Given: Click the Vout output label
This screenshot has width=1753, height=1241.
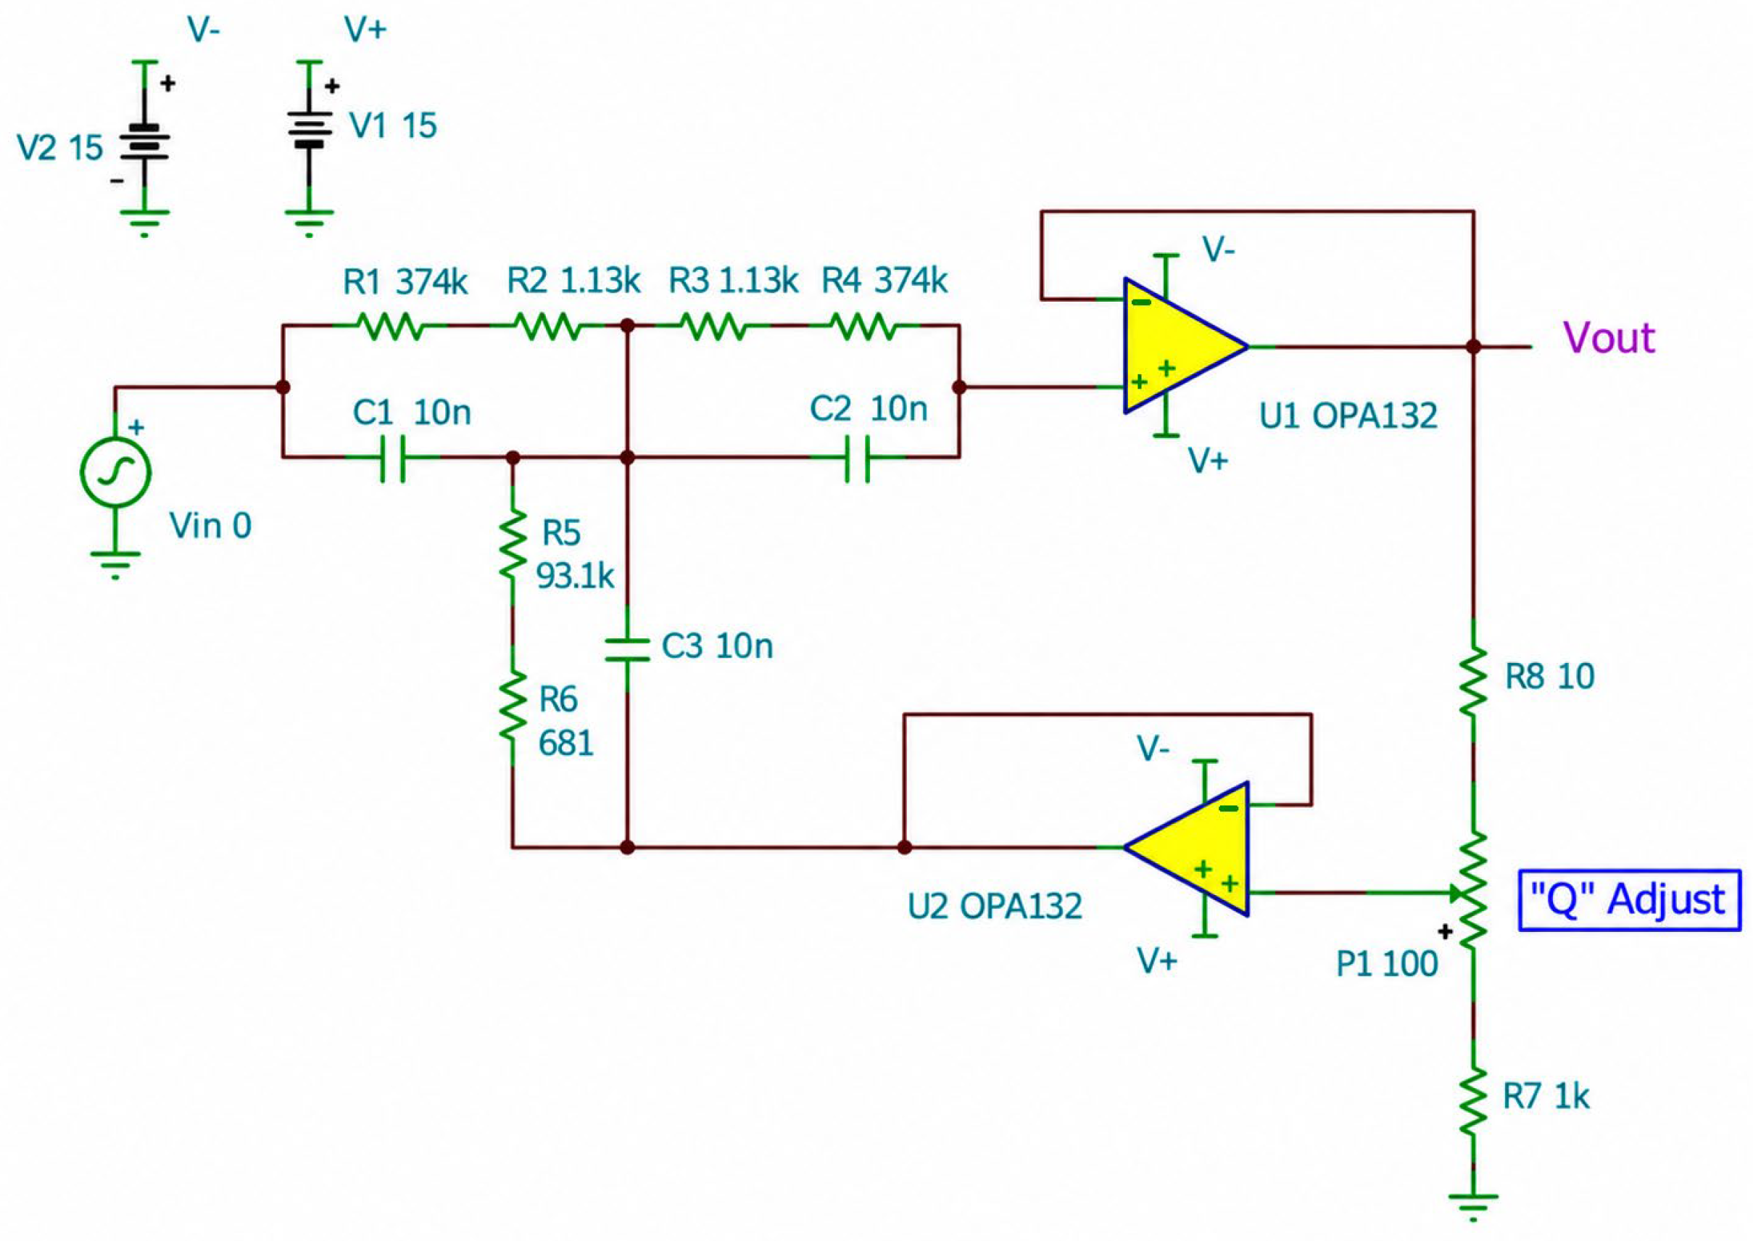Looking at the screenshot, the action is click(x=1609, y=337).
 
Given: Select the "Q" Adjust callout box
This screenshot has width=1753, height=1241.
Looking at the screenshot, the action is click(x=1629, y=900).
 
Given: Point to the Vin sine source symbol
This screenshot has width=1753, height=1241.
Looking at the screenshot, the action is click(x=115, y=472).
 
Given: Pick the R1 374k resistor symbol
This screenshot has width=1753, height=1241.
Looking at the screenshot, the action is click(x=390, y=326).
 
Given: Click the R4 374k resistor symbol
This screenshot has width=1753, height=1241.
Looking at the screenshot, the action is click(x=864, y=326).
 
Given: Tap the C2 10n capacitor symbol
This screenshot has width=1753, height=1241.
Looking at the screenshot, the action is click(x=857, y=458).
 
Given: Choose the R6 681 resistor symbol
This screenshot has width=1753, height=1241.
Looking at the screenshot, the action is click(x=513, y=704).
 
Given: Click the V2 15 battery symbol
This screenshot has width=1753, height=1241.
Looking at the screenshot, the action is click(x=144, y=143).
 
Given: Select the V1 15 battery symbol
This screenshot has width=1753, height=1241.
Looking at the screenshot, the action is click(x=310, y=130).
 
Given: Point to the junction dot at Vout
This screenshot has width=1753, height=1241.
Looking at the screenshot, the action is click(x=1473, y=346).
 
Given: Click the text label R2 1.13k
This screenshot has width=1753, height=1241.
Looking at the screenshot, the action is click(x=573, y=281).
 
